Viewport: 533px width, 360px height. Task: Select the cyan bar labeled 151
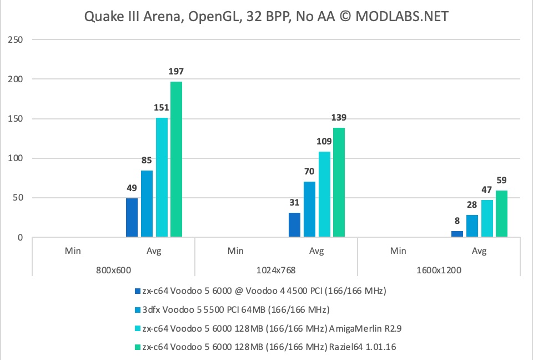[162, 178]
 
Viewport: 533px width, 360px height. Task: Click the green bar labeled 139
[339, 183]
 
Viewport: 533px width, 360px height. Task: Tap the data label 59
[502, 181]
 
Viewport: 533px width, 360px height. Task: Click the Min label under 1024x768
[235, 251]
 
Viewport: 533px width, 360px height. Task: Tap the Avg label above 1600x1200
[479, 251]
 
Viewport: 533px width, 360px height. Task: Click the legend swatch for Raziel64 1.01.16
[137, 347]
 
